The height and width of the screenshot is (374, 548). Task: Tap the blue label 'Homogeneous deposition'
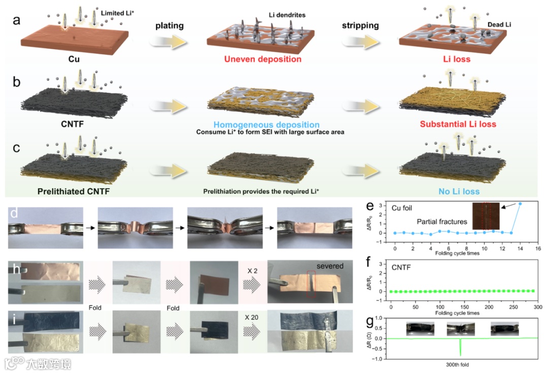(x=266, y=124)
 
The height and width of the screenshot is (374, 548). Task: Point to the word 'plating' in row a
(x=169, y=26)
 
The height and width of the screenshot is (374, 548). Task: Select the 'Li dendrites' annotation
(x=287, y=15)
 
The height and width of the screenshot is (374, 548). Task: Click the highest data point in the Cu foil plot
(x=520, y=203)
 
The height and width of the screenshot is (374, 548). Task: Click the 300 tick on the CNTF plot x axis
(x=537, y=308)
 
